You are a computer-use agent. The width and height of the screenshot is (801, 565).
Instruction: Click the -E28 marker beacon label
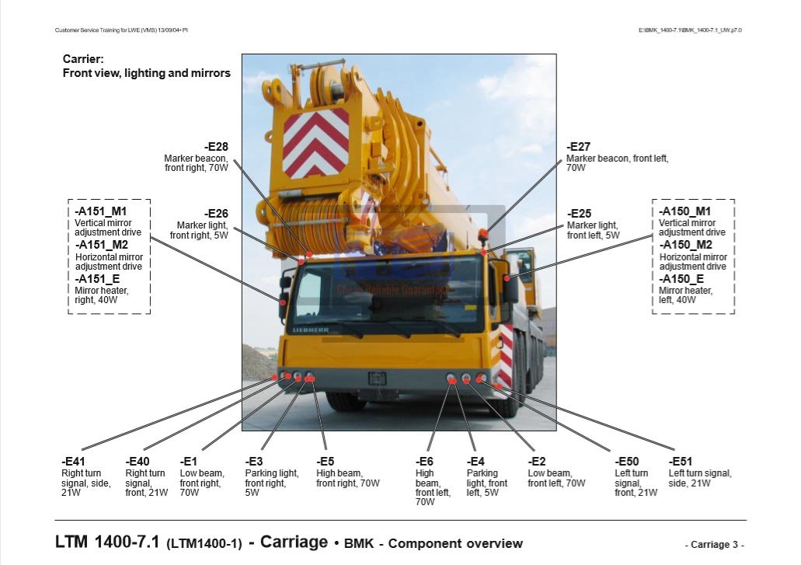216,147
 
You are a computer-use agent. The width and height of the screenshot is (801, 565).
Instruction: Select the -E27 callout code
579,147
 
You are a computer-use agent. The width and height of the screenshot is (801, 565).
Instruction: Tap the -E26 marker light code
216,214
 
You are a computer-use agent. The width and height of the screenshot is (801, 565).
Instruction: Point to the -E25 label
579,214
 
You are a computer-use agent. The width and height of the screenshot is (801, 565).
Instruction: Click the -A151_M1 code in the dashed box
101,211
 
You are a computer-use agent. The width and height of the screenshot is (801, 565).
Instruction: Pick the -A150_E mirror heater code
681,279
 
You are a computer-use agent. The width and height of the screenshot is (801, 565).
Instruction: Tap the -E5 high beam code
325,462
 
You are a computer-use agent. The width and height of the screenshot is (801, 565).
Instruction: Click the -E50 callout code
626,462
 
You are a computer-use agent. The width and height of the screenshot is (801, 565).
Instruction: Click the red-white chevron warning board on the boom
315,142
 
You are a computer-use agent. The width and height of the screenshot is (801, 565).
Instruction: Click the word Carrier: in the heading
83,59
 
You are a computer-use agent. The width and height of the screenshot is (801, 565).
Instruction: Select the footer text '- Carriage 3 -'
714,545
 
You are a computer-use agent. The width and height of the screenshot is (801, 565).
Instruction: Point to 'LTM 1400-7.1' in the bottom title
107,542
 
